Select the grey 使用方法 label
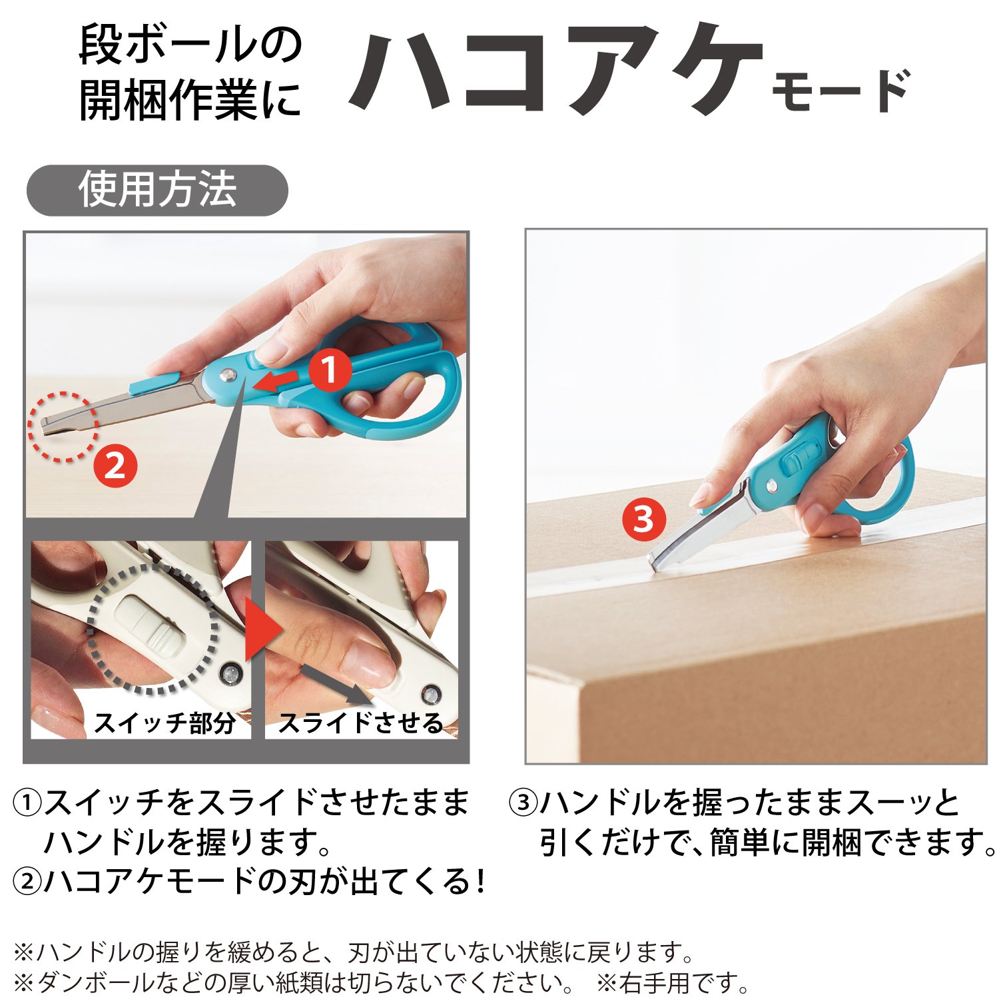point(157,190)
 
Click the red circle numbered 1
point(330,371)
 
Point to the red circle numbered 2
point(115,466)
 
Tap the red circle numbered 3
point(643,519)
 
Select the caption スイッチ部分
point(165,722)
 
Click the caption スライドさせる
point(360,722)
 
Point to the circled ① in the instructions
point(27,803)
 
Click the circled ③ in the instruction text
point(523,803)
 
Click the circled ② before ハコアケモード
point(27,882)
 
